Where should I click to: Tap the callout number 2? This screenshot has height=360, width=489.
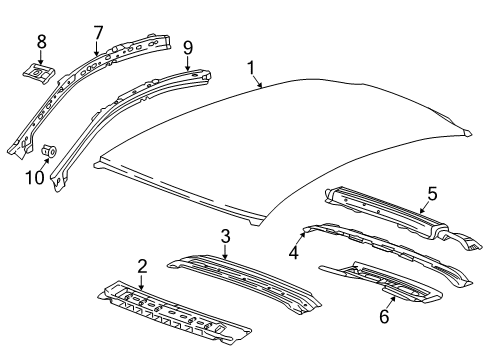142,266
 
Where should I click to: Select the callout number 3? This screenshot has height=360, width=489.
226,236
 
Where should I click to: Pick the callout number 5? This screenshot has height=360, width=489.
432,193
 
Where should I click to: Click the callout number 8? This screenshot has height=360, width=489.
41,41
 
